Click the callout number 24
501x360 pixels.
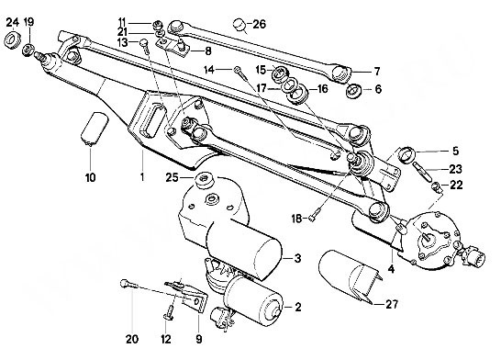[x=13, y=22]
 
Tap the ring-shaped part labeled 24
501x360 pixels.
[x=13, y=40]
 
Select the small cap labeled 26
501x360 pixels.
[x=239, y=25]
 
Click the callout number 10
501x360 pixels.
[x=91, y=177]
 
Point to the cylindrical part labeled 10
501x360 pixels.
[x=95, y=129]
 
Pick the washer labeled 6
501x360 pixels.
[x=353, y=90]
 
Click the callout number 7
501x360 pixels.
[x=377, y=72]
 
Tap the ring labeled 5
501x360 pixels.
[x=407, y=154]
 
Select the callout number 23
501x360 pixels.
[x=455, y=169]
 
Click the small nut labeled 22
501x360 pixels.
[x=436, y=186]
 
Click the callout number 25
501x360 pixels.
[x=172, y=177]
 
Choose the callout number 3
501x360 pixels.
[x=297, y=258]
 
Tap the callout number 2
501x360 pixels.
[x=297, y=308]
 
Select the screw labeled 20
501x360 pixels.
[x=128, y=284]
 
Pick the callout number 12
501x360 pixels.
[x=166, y=339]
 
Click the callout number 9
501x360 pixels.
[x=199, y=339]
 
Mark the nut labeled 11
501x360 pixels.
[x=157, y=24]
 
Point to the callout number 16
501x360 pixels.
[x=323, y=89]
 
